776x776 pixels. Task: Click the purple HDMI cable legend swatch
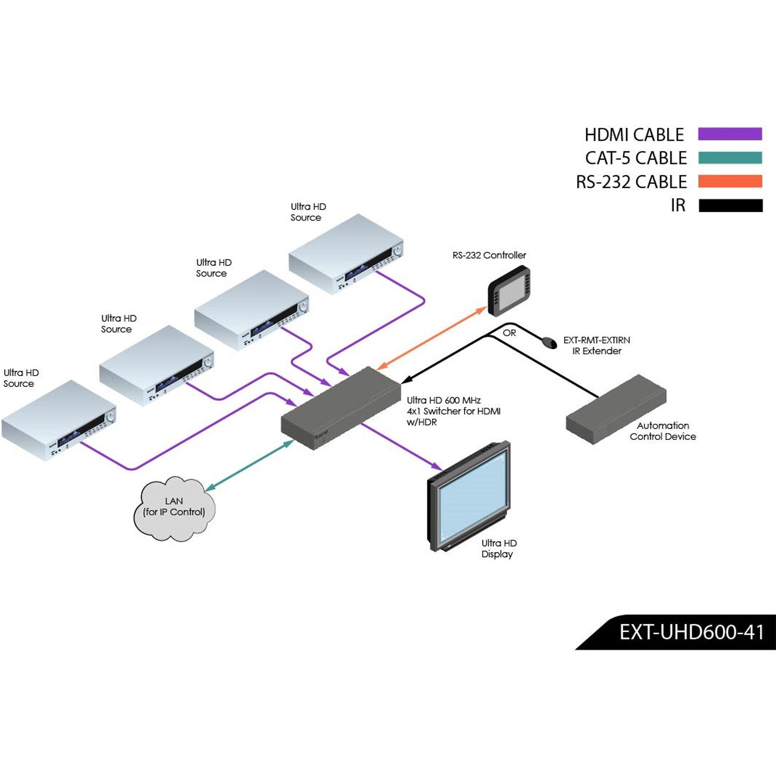click(x=729, y=134)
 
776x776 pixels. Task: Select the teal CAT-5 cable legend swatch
click(x=729, y=158)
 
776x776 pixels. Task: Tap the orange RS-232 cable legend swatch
click(x=729, y=182)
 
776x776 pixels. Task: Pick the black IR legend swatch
click(x=730, y=205)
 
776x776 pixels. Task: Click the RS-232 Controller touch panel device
click(x=509, y=290)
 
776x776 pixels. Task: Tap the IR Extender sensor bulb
click(x=547, y=341)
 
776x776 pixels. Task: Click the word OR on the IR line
click(x=509, y=333)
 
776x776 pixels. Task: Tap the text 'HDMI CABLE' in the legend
click(x=634, y=135)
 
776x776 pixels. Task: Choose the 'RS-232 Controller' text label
click(x=489, y=255)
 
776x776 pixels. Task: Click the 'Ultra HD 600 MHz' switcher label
click(x=443, y=400)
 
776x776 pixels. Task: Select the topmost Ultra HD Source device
click(x=346, y=253)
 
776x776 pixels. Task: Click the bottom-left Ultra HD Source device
click(x=58, y=420)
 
